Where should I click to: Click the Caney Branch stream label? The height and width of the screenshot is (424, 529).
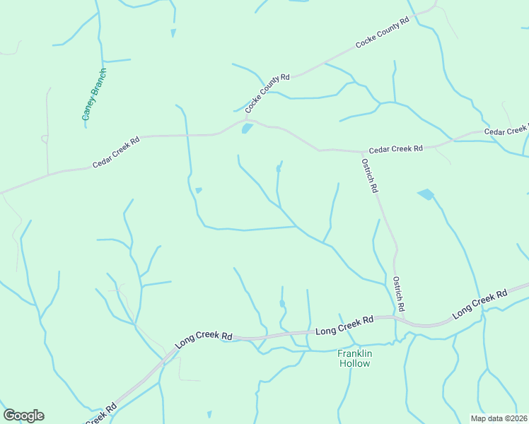pos(94,94)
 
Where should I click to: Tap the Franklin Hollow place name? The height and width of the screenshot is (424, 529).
pos(354,358)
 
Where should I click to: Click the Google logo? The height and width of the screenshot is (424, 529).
pos(23,416)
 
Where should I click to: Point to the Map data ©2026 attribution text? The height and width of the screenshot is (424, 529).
pos(499,418)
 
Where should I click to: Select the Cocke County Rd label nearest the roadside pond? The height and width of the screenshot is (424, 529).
pos(268,93)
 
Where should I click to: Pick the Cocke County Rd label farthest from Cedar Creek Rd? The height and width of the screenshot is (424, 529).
pos(383,33)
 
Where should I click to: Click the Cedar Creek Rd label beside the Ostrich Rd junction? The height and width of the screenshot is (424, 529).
pos(395,149)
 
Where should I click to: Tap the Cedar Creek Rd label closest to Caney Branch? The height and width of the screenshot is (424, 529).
pos(116,152)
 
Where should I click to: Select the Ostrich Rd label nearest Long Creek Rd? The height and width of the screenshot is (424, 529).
pos(399,295)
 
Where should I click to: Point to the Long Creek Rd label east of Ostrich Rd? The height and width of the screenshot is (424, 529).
pos(480,302)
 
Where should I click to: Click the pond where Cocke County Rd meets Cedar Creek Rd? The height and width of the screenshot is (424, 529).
pos(247,129)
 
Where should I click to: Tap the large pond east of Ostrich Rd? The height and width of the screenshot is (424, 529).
pos(426,194)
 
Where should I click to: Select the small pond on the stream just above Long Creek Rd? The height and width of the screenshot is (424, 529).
pos(282,304)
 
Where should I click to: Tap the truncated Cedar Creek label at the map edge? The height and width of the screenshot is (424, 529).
pos(506,131)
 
